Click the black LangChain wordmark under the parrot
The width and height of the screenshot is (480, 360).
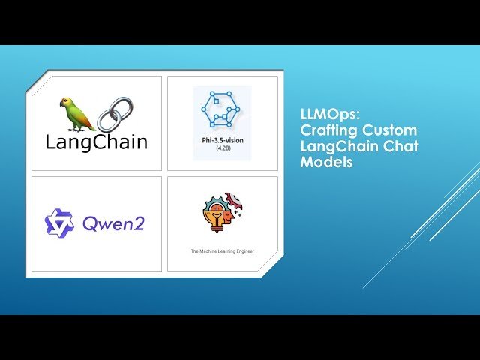pyautogui.click(x=96, y=142)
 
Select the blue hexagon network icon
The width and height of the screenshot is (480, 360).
pyautogui.click(x=222, y=112)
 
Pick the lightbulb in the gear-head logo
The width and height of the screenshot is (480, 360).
pyautogui.click(x=217, y=218)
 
